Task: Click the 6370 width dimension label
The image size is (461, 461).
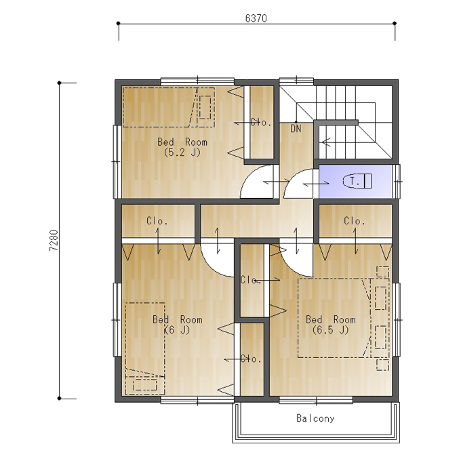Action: click(256, 18)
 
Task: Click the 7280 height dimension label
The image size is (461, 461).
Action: click(54, 240)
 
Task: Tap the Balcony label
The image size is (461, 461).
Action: click(315, 418)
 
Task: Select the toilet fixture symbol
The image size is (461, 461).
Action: click(357, 181)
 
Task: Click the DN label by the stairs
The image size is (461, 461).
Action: click(296, 129)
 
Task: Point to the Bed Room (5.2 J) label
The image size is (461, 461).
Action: click(182, 147)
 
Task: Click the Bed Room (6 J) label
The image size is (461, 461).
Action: click(178, 325)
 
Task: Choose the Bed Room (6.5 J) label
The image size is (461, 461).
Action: click(331, 325)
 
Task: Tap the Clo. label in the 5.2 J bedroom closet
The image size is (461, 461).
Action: click(261, 122)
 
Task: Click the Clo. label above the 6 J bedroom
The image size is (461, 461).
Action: click(157, 221)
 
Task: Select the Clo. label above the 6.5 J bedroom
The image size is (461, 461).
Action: click(355, 221)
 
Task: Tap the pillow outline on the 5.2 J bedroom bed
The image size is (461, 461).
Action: click(205, 107)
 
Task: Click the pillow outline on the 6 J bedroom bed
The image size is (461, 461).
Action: click(145, 385)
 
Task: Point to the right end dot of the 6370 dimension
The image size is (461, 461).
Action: click(395, 23)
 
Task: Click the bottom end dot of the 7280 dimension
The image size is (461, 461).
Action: click(60, 399)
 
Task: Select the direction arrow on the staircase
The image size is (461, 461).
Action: click(326, 142)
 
